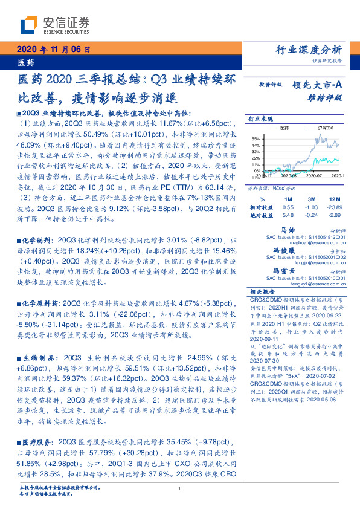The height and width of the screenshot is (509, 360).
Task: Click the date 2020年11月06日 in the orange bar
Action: (x=54, y=50)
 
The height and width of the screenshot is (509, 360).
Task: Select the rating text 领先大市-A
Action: (x=319, y=85)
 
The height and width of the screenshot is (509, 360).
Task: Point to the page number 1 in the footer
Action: (x=181, y=488)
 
